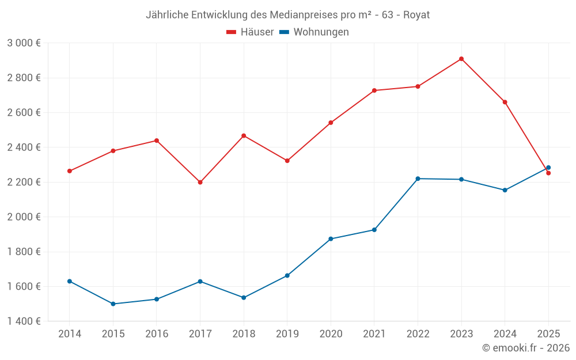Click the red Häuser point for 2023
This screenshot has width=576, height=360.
pos(461,59)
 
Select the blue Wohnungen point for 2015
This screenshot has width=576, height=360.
pos(113,304)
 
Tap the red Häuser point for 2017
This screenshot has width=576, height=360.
pos(200,182)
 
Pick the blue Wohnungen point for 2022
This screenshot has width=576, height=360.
pos(418,179)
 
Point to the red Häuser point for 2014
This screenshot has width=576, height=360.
pos(70,171)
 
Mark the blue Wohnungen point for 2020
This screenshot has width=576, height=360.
pos(331,238)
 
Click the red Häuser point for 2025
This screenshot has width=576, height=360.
pos(548,173)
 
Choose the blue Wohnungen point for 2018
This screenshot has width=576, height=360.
pos(244,298)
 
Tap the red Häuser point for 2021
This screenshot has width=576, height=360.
pos(374,90)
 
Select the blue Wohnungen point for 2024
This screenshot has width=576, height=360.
pos(505,190)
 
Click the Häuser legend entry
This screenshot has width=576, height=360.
pos(251,32)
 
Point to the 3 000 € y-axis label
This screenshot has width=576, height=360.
pos(24,43)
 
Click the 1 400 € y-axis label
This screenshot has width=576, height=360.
pos(24,321)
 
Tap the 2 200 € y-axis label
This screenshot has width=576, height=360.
pos(24,182)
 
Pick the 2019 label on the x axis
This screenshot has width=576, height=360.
pos(287,334)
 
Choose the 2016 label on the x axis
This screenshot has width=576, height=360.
pos(157,334)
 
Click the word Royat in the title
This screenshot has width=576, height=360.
pos(417,14)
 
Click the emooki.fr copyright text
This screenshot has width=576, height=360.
pos(526,348)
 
